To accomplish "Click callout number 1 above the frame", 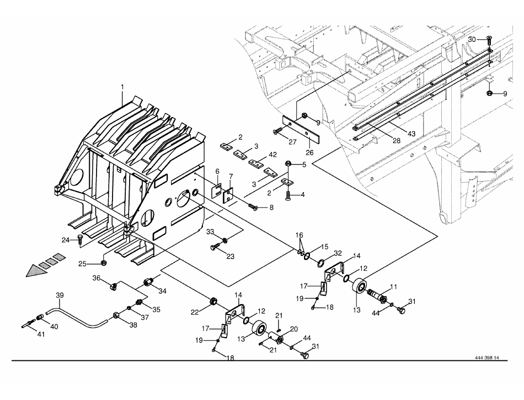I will point(122,87).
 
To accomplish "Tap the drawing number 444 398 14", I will point(486,358).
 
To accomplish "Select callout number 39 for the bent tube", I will point(60,296).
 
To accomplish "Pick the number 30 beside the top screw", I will point(472,40).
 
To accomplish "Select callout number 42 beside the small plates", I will point(258,154).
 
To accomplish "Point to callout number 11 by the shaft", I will point(394,286).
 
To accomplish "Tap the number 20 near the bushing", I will point(293,328).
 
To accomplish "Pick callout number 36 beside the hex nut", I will point(97,279).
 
